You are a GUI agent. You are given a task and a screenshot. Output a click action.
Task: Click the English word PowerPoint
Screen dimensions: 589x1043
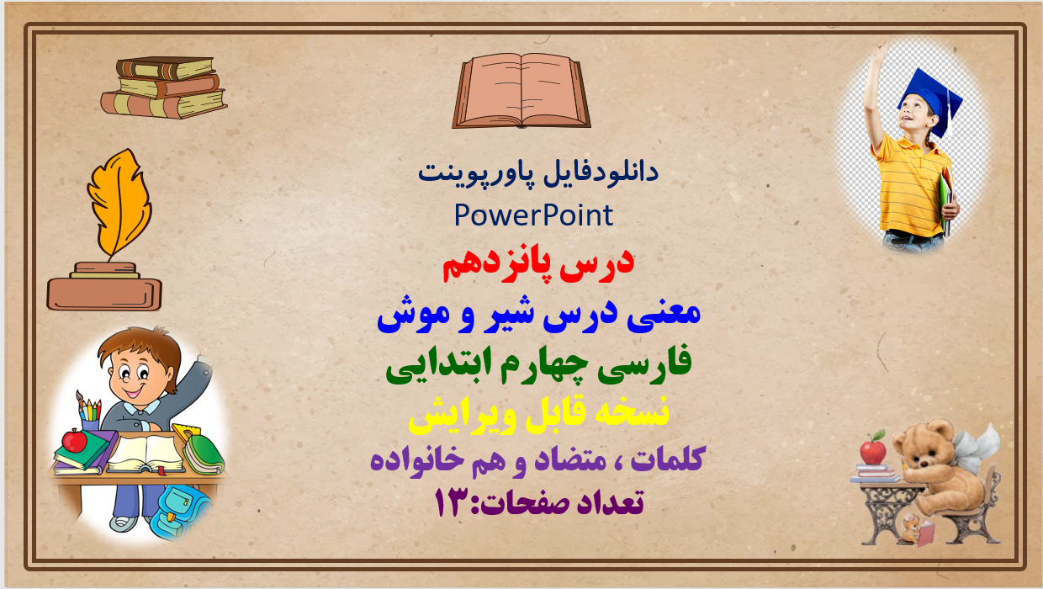pos(533,215)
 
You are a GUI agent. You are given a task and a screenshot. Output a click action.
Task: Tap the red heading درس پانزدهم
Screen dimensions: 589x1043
pos(537,264)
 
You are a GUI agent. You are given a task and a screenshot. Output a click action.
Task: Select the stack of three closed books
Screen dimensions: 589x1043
pos(164,88)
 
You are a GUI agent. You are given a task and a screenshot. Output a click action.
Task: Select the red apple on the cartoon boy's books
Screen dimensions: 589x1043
pos(75,439)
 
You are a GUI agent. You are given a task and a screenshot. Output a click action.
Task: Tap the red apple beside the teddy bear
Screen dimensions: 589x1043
pos(873,451)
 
